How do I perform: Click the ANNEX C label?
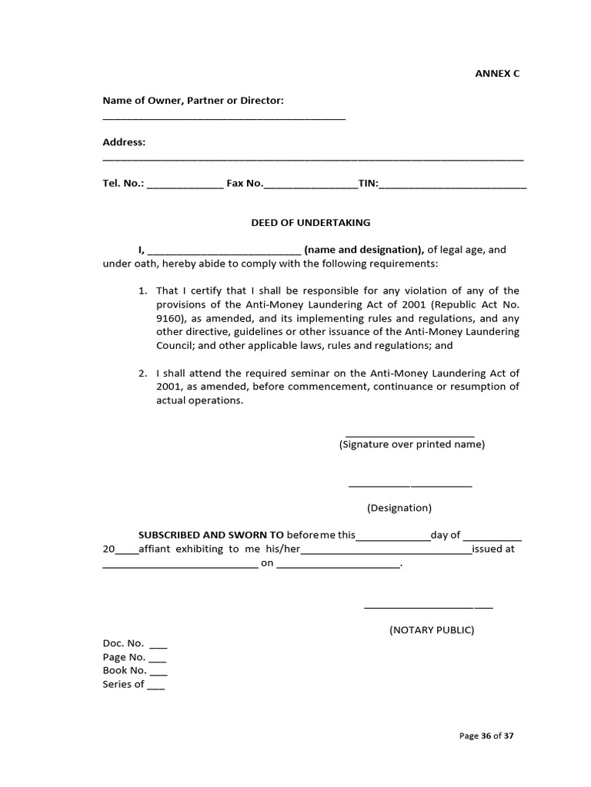point(496,74)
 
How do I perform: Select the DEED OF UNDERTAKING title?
point(311,223)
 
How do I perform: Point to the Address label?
point(124,142)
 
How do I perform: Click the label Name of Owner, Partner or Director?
point(194,101)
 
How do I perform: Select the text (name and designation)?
point(364,250)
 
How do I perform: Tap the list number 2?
point(142,373)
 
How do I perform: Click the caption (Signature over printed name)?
point(412,444)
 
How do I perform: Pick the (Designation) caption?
point(399,508)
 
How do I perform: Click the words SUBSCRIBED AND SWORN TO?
point(211,535)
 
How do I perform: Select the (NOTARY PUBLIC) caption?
point(431,630)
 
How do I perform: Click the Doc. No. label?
point(123,643)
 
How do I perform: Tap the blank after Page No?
point(157,659)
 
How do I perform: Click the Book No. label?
point(125,670)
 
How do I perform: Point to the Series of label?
point(123,684)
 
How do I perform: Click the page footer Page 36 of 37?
point(486,736)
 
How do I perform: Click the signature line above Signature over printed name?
point(409,435)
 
